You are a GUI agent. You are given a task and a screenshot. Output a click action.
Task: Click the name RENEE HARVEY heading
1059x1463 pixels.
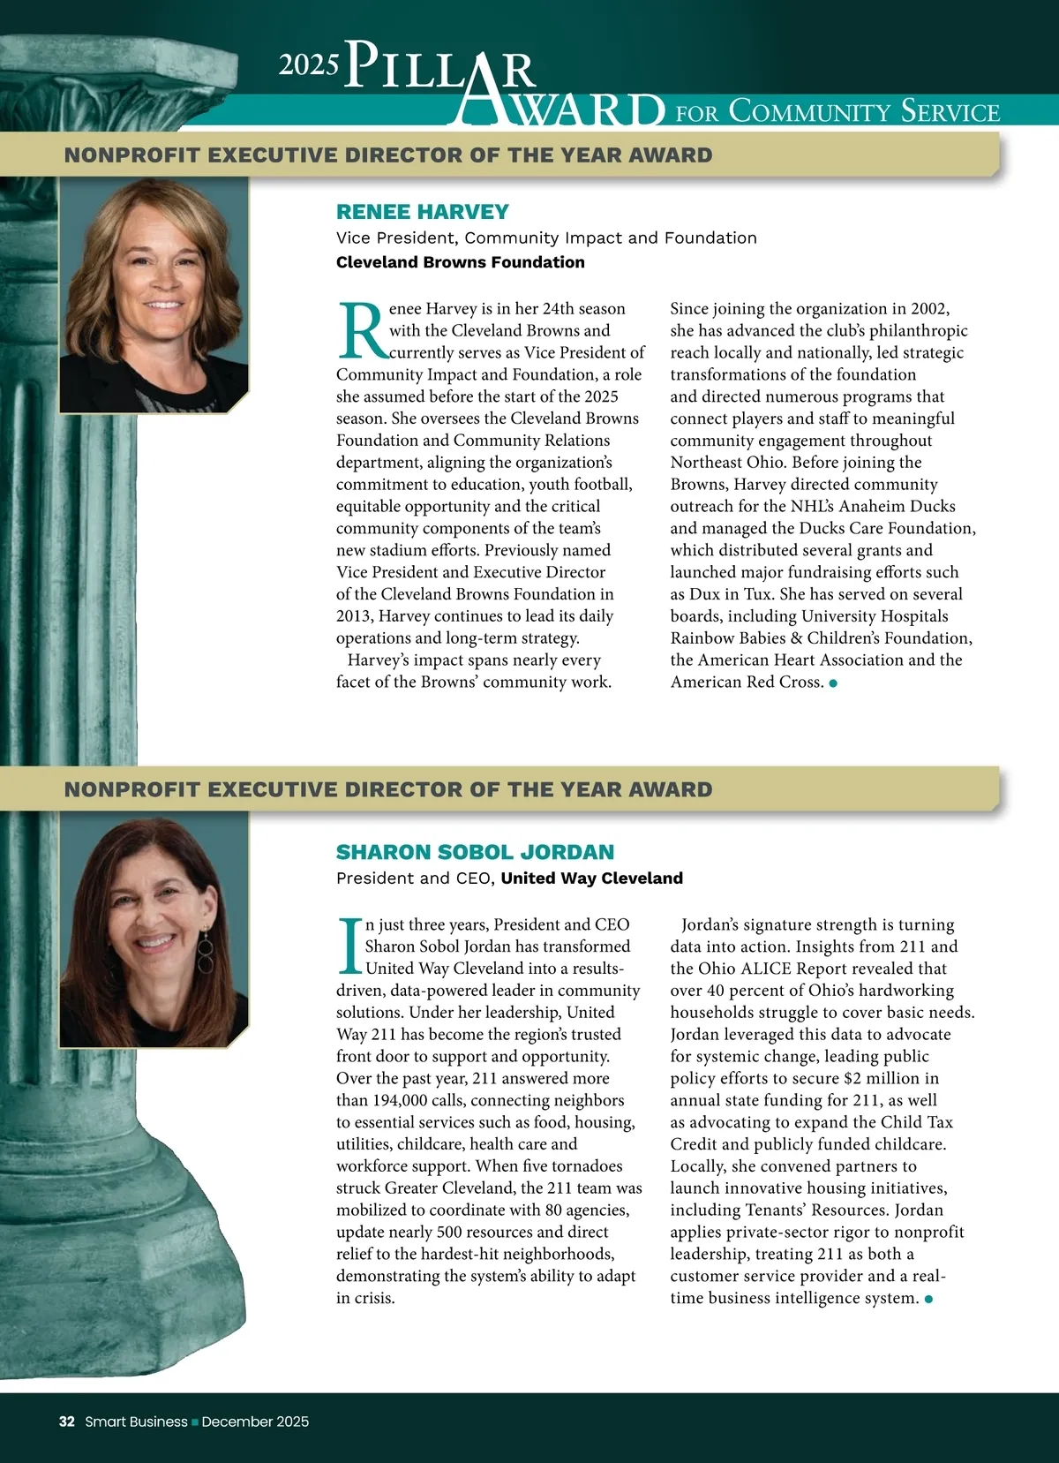(422, 212)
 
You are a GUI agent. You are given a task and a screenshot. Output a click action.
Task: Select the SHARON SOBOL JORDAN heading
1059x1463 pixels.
(475, 852)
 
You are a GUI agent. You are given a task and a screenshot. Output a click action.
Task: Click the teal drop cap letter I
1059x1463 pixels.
(350, 946)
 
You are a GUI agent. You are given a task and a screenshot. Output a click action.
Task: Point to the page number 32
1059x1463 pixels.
(67, 1422)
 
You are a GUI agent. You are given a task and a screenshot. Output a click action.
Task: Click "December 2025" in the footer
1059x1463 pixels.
(255, 1422)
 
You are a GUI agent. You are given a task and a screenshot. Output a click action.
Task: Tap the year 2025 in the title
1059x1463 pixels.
(309, 64)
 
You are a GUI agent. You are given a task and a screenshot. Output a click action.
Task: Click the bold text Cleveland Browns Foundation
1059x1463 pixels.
(460, 262)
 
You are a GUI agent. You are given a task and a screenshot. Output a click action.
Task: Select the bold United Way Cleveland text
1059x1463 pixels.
(591, 878)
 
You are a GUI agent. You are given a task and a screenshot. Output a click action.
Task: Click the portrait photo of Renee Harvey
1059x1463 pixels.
(154, 296)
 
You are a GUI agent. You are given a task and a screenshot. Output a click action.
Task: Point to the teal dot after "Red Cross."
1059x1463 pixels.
(833, 682)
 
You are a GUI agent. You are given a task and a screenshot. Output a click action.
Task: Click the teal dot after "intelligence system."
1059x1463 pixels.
(928, 1299)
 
